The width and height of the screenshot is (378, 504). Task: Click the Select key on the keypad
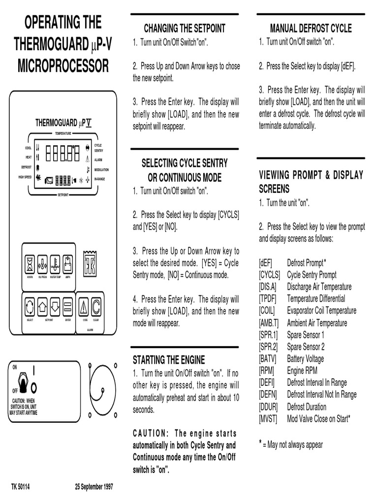pos(30,307)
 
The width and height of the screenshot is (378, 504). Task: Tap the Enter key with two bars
pos(68,307)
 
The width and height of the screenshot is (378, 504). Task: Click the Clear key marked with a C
pos(96,307)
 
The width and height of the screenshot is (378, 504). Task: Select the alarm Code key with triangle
pos(84,307)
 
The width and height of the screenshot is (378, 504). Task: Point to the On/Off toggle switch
pos(22,381)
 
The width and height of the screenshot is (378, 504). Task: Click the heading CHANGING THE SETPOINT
pos(184,28)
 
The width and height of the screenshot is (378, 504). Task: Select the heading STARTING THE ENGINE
pos(169,360)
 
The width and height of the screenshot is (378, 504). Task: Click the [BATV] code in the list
pos(267,359)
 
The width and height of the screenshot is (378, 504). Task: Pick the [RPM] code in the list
pos(266,371)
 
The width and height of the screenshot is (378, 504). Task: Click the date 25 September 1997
pos(94,487)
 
